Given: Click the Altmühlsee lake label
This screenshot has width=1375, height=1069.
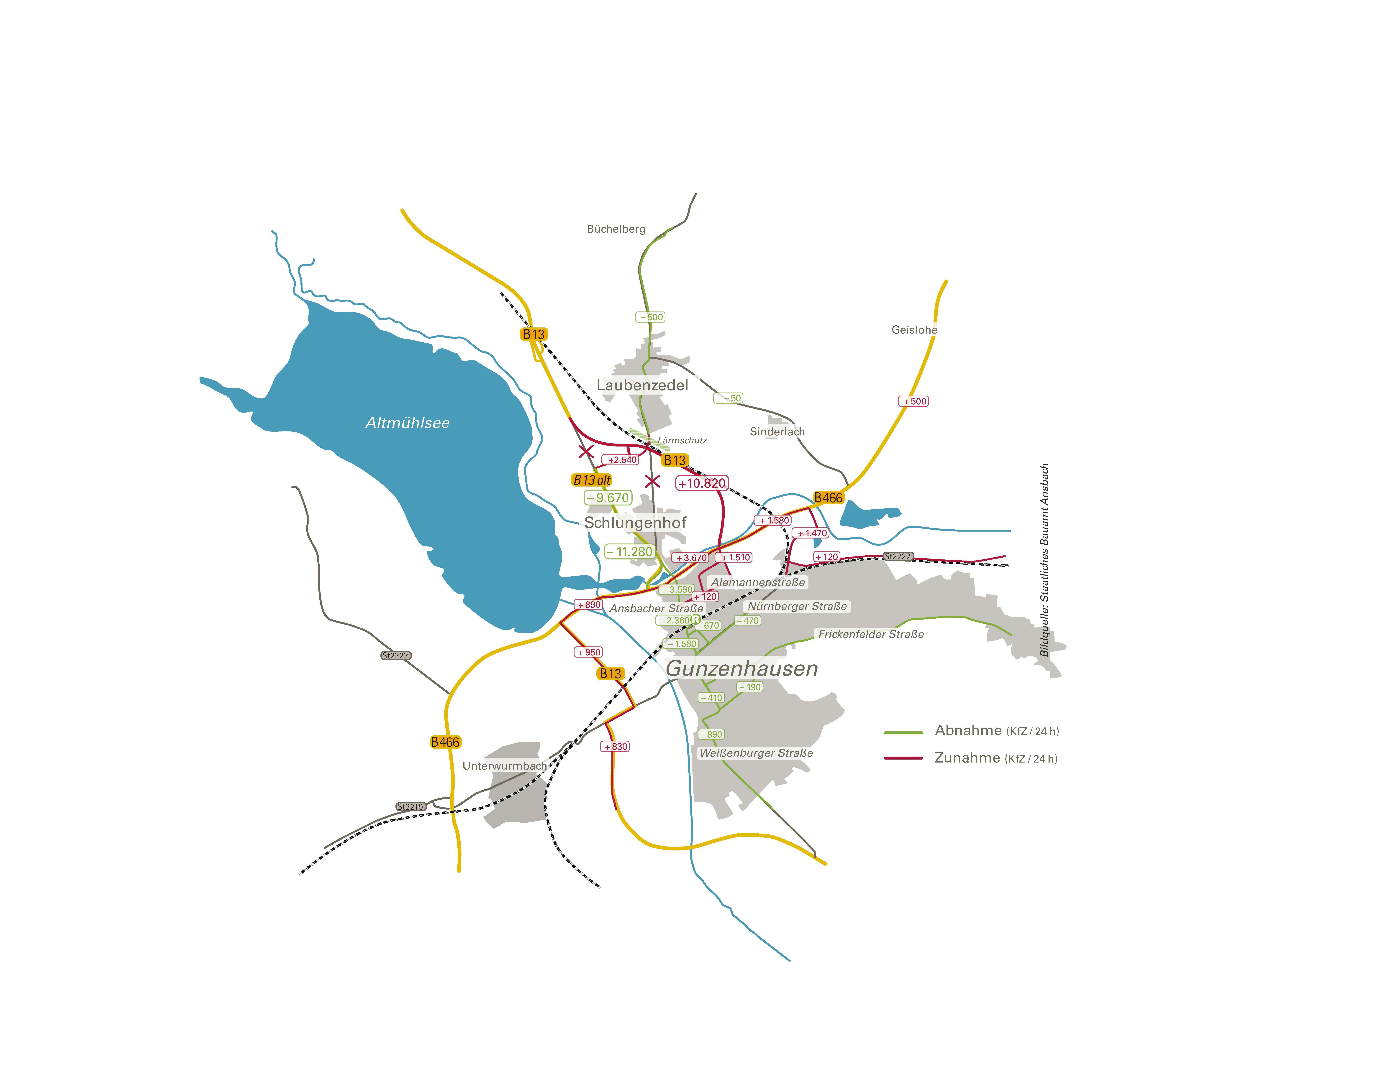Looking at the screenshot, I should click(x=407, y=423).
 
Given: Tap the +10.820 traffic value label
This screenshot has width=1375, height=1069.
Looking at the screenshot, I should click(x=702, y=483).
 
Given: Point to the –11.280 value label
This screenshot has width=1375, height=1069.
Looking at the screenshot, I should click(x=629, y=552).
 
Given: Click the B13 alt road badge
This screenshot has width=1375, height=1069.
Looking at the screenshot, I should click(x=592, y=480).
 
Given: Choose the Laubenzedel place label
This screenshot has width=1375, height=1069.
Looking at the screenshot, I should click(x=642, y=385).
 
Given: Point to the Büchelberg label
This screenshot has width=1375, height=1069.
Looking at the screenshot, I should click(x=616, y=229).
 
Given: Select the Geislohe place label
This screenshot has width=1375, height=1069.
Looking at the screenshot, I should click(x=914, y=330).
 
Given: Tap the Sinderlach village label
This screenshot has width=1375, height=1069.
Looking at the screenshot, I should click(x=777, y=432).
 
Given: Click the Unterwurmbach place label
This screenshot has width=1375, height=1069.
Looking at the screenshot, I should click(x=504, y=766).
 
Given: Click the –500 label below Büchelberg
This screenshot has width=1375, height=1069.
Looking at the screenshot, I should click(x=650, y=317).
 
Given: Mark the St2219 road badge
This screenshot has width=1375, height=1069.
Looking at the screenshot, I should click(x=410, y=807).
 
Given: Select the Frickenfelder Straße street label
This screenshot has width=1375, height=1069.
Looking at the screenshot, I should click(x=871, y=634).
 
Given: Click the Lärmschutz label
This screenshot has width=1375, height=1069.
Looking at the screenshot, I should click(x=682, y=440).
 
